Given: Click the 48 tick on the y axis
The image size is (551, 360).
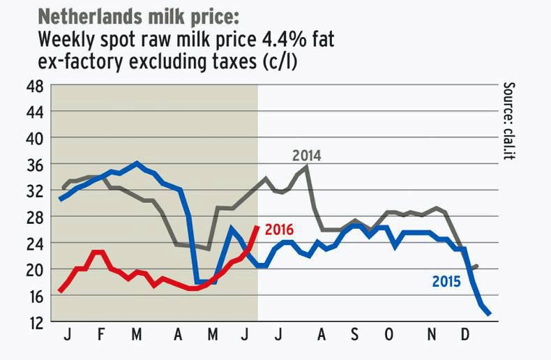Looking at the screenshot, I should coord(34,87).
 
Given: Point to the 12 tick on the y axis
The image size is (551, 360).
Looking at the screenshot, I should coord(34,322).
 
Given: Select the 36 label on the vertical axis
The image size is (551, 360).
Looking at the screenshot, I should coord(34,165).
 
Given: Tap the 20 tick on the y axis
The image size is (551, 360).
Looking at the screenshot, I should coord(34,269).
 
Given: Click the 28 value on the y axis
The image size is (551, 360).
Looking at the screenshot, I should coord(34,217).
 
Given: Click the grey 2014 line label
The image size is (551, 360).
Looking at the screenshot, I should coord(306,156).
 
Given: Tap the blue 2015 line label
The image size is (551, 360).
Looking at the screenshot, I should coord(446,282).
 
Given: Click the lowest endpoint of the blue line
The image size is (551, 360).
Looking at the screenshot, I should coord(489,314).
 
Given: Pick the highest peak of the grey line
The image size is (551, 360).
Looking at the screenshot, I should coord(307,166).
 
